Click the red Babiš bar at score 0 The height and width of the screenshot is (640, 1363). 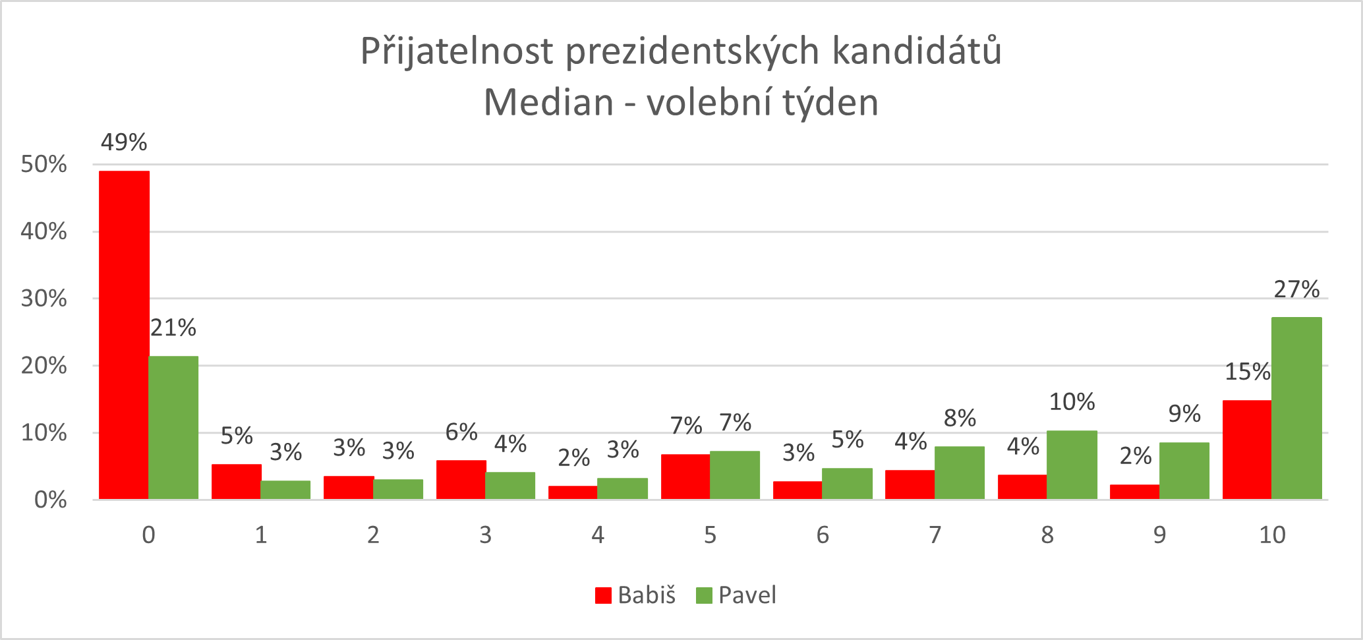click(124, 335)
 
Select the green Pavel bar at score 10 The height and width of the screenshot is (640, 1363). click(1296, 408)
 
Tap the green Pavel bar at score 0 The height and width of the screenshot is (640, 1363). click(173, 427)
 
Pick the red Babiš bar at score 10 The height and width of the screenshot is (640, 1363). click(1247, 450)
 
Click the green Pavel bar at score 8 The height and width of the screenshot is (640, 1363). click(1072, 465)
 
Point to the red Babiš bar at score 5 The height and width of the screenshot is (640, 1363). click(685, 477)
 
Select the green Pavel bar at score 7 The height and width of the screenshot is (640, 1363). click(960, 473)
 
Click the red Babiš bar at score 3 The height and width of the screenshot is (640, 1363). click(461, 479)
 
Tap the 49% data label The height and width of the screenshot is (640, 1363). click(124, 142)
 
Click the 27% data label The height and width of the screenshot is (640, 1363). click(1296, 289)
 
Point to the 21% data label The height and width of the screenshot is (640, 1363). click(173, 328)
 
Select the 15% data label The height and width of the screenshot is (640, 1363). click(1247, 372)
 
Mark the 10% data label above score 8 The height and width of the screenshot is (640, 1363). click(1072, 402)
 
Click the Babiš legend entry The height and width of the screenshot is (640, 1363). click(636, 595)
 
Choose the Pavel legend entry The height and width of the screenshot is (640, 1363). click(737, 595)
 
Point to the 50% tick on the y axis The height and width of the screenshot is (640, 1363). click(43, 164)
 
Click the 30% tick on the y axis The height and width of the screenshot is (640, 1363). click(43, 299)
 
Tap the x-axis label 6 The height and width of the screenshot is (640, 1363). click(823, 535)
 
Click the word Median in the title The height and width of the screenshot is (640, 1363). click(548, 103)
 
